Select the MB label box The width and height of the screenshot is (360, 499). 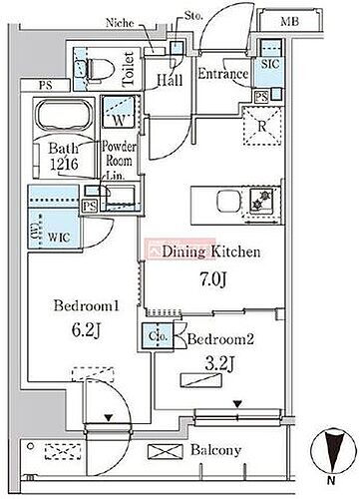click(288, 21)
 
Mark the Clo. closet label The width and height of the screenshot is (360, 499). click(160, 336)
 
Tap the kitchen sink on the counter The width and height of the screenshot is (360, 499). click(264, 197)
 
